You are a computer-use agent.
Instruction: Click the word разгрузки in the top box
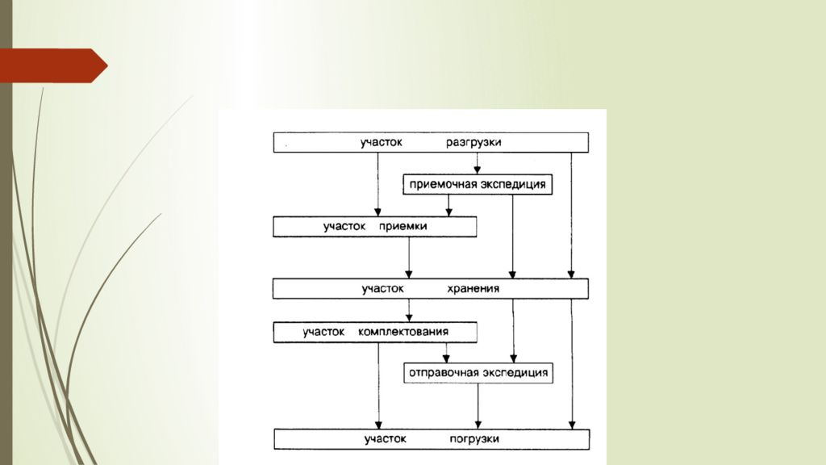473,142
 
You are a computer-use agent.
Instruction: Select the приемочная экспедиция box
478,185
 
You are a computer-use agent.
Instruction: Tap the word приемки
403,226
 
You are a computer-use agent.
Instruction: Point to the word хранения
473,288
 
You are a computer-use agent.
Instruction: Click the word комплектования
403,332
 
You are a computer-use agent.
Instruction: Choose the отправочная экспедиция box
478,373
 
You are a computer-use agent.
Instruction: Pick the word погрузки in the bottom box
474,439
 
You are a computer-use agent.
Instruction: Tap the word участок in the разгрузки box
382,142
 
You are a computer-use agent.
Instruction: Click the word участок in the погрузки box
385,438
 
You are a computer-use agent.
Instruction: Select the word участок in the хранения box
383,288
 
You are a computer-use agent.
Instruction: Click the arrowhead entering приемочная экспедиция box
478,170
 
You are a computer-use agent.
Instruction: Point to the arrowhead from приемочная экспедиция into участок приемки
448,212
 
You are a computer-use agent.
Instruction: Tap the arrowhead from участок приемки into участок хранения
409,274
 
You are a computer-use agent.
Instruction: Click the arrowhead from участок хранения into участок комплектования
409,318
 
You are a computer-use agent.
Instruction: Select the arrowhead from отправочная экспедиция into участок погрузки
478,425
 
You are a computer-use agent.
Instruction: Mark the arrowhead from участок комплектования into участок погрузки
379,425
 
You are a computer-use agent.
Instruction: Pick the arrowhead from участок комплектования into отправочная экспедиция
446,358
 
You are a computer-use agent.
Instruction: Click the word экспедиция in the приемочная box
512,185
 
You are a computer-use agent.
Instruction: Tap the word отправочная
441,373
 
